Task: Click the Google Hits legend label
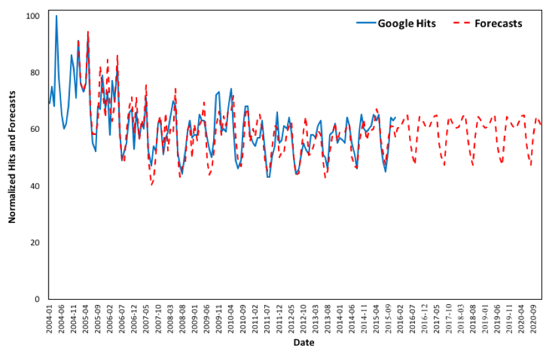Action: coord(406,23)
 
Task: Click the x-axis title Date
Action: coord(303,342)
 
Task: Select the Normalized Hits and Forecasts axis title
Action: coord(12,157)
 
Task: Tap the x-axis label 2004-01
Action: coord(50,319)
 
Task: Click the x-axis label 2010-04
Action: coord(231,319)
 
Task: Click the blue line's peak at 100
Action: coord(56,16)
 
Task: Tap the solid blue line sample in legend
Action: coord(365,23)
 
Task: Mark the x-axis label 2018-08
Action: coord(472,319)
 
